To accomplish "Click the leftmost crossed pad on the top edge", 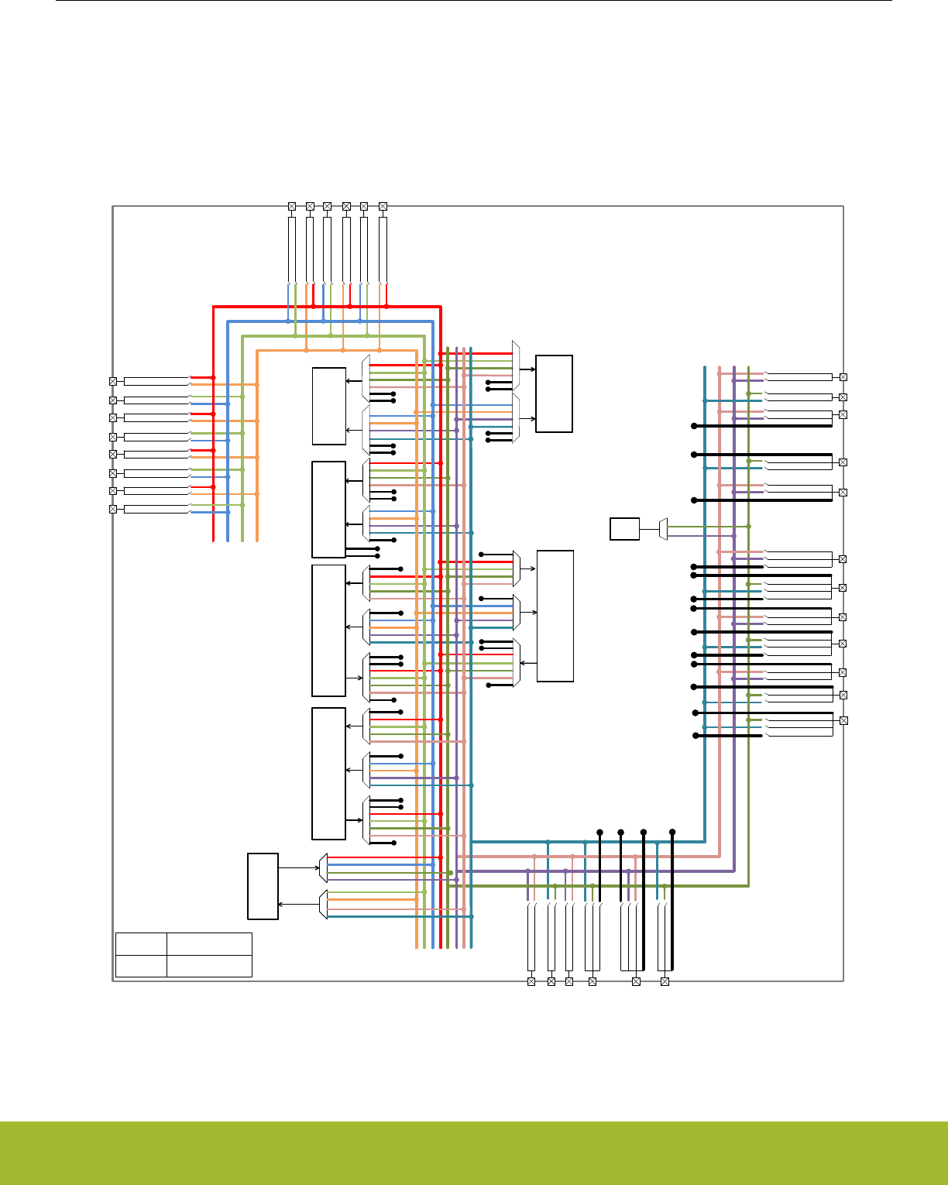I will coord(292,206).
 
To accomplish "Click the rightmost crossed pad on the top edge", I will coord(383,206).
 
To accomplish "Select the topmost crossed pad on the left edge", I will coord(113,381).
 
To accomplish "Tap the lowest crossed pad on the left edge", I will coord(113,509).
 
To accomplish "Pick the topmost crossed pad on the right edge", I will coord(843,377).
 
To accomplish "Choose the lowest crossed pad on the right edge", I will coord(843,720).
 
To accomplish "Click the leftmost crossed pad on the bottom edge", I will coord(531,981).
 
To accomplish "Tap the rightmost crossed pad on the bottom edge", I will coord(665,981).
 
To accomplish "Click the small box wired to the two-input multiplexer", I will coord(624,529).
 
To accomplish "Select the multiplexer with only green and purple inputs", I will coord(663,529).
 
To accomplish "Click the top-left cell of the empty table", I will coord(141,944).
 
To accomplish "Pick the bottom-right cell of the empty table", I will coord(209,966).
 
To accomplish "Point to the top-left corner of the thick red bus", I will coord(214,307).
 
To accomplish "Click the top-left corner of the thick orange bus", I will coord(257,351).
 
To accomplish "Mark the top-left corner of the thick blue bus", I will coord(228,321).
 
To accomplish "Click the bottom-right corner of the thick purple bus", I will coord(733,871).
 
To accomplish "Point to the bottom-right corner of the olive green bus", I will coord(748,885).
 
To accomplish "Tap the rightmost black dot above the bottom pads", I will coord(672,832).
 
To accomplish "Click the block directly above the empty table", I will coord(263,886).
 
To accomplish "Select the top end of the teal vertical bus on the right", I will coord(705,368).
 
